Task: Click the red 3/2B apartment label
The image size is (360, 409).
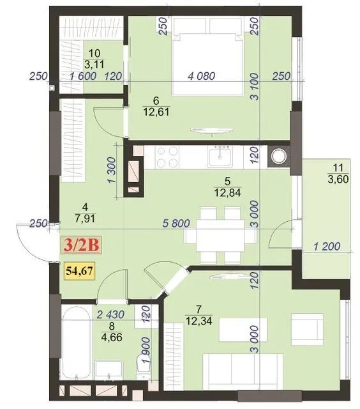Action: point(80,244)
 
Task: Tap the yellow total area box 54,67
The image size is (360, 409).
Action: point(79,270)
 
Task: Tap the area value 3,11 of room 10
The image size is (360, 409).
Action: point(95,63)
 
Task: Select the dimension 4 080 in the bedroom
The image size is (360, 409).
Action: point(202,76)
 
